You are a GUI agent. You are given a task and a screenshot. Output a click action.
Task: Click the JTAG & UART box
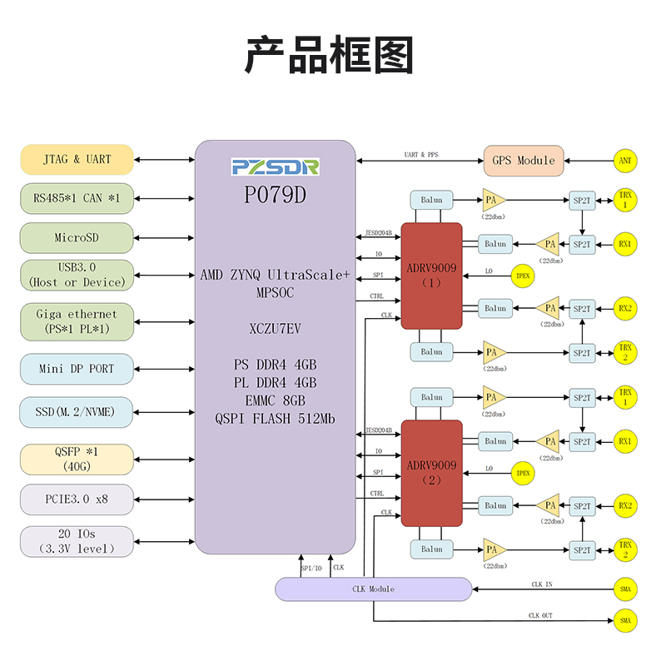click(77, 159)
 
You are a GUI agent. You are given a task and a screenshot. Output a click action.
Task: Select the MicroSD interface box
click(77, 237)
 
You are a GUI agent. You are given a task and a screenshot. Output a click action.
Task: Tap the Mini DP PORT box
click(77, 369)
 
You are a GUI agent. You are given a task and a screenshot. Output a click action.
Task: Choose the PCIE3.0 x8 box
click(77, 499)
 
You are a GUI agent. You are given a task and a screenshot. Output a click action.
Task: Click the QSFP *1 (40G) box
click(77, 460)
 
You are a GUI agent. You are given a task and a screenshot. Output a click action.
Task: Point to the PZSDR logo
click(276, 167)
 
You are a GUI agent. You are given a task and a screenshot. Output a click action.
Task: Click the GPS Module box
click(524, 161)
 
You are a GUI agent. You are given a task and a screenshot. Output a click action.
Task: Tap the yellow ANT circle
click(625, 161)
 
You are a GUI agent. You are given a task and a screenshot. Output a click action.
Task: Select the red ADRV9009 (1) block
click(431, 276)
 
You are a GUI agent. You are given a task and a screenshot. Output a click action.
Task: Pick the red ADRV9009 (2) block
click(431, 473)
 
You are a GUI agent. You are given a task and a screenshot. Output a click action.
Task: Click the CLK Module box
click(373, 589)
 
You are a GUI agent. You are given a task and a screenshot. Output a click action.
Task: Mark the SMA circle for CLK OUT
click(625, 620)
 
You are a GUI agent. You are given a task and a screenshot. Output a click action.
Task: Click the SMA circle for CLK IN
click(625, 589)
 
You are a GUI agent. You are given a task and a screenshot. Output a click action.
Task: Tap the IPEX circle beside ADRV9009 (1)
click(523, 276)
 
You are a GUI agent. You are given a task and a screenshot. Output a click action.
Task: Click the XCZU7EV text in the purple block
click(275, 328)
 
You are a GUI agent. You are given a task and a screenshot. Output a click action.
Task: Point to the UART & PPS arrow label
click(421, 155)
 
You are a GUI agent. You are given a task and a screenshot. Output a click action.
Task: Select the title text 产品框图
click(330, 55)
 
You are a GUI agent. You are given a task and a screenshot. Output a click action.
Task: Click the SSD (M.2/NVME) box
click(77, 412)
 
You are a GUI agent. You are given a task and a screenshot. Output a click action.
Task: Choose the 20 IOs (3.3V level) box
click(77, 541)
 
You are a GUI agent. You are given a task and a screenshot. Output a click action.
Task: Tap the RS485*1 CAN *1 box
click(77, 198)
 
